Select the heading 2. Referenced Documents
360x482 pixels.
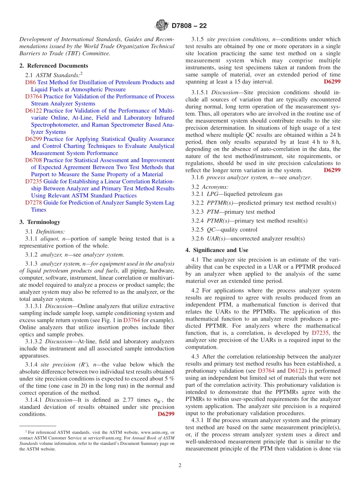(x=53, y=66)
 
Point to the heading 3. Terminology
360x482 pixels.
(x=39, y=222)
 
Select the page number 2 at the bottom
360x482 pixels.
(x=180, y=465)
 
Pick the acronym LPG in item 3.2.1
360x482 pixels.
(x=213, y=194)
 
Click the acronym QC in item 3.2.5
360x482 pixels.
(x=211, y=230)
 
